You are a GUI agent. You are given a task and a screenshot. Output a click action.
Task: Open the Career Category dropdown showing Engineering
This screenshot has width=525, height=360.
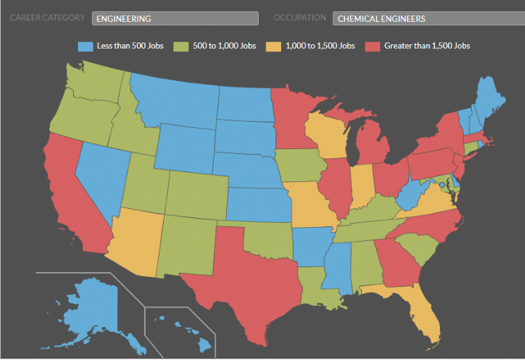point(174,18)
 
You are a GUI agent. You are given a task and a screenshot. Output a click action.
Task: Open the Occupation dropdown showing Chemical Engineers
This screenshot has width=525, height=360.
point(428,18)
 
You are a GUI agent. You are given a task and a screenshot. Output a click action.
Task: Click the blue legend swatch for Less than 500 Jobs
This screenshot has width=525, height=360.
point(85,46)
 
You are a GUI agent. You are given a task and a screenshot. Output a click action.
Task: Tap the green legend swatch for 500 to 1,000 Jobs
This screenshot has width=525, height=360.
point(181,46)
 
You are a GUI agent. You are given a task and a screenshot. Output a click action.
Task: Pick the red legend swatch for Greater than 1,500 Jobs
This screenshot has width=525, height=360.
point(372,46)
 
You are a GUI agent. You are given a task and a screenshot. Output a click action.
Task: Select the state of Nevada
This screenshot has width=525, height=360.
point(98,176)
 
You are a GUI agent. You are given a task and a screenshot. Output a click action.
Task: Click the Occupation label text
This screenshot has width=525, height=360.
point(299,18)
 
